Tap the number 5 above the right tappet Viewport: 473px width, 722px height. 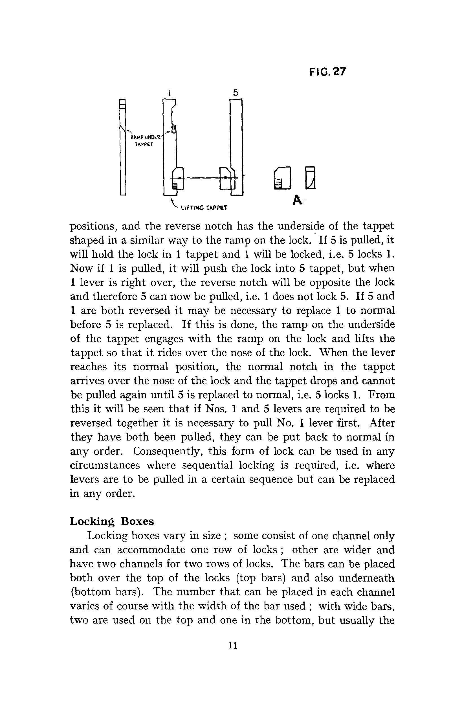tap(236, 93)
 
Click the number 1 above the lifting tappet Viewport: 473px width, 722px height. tap(169, 93)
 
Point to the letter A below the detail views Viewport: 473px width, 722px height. tap(297, 200)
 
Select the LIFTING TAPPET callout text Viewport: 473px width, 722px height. tap(204, 208)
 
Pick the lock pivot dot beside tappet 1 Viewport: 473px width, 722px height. tap(180, 178)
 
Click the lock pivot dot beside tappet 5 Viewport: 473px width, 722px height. tap(226, 177)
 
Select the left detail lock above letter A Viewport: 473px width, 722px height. tap(282, 178)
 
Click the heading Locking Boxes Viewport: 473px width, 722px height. tap(112, 521)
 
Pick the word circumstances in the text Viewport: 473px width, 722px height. tap(105, 465)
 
